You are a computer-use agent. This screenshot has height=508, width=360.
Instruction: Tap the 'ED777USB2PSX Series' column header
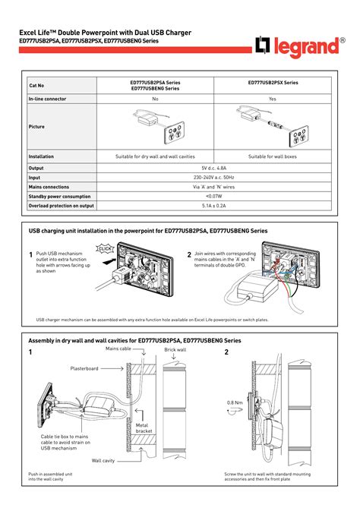tap(273, 82)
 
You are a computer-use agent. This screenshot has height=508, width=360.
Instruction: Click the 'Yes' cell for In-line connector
tap(273, 99)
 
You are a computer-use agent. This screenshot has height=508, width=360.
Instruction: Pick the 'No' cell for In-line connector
tap(155, 99)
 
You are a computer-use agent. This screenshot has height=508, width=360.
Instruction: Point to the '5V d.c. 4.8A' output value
tap(213, 168)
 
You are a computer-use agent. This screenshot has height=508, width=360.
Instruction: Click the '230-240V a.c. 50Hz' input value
tap(213, 177)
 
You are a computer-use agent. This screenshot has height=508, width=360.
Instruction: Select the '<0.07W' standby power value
tap(213, 196)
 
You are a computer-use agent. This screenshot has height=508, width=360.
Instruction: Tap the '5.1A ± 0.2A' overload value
tap(213, 205)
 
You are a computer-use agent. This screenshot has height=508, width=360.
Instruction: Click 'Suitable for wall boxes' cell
tap(273, 156)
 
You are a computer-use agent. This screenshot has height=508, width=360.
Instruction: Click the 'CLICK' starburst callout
tap(106, 248)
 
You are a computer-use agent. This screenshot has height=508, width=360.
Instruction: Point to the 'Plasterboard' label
tap(84, 368)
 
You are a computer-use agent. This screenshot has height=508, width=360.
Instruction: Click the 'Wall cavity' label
tap(103, 460)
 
